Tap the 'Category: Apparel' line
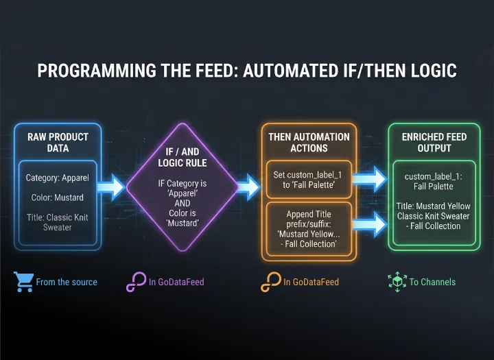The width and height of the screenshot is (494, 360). coord(57,178)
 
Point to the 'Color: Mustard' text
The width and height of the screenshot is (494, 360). coord(57,197)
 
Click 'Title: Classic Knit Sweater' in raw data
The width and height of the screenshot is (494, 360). coord(57,222)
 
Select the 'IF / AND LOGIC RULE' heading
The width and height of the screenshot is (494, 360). coord(181,157)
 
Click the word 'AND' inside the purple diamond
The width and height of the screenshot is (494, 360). coord(181,204)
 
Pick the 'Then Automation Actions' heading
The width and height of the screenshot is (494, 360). coord(308,142)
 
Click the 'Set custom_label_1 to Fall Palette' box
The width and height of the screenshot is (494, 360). coord(308,180)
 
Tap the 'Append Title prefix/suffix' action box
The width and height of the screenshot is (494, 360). coord(308,229)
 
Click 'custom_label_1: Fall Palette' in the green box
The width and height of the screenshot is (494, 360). coord(433,181)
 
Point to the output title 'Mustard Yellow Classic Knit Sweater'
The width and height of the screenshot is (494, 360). coord(433,215)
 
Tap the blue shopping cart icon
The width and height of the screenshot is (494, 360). coord(23,281)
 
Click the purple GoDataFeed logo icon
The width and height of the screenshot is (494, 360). coord(135,282)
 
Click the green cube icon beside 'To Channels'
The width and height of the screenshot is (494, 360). coord(397,281)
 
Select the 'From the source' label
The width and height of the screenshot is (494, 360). coord(67,282)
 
